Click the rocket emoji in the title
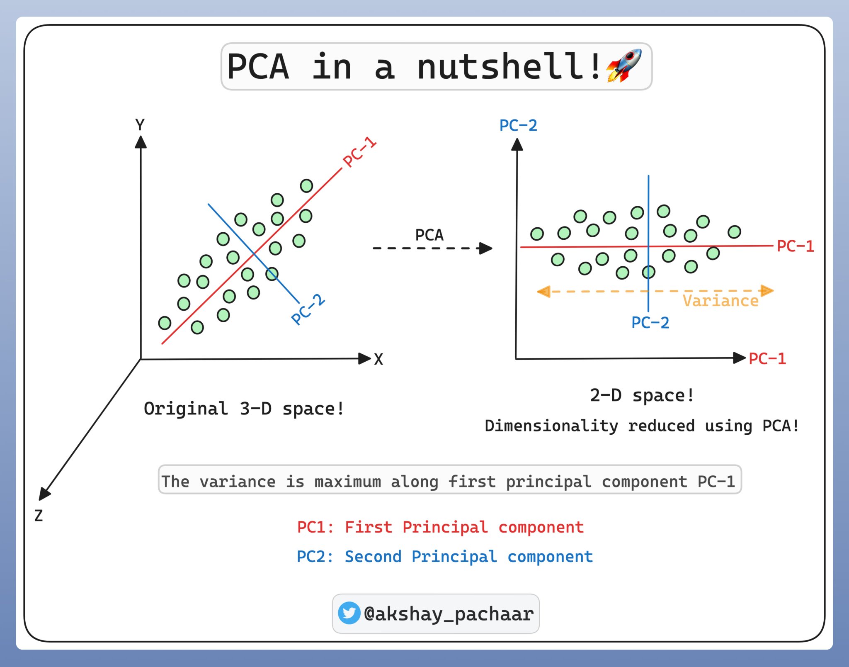[624, 66]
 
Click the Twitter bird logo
[349, 613]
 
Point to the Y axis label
[140, 124]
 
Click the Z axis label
[39, 516]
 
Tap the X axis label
[378, 359]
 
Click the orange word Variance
[720, 301]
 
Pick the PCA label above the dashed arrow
[429, 235]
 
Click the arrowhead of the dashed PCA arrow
[485, 248]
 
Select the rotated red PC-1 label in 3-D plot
[359, 152]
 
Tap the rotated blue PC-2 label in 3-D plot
[308, 309]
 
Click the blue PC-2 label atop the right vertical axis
[518, 125]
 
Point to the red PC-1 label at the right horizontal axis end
[767, 359]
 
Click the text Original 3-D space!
[244, 409]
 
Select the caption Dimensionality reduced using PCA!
[642, 426]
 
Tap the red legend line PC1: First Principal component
[441, 527]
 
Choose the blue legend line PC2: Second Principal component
[445, 557]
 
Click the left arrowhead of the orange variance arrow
[543, 292]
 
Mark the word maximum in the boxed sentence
[347, 482]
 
